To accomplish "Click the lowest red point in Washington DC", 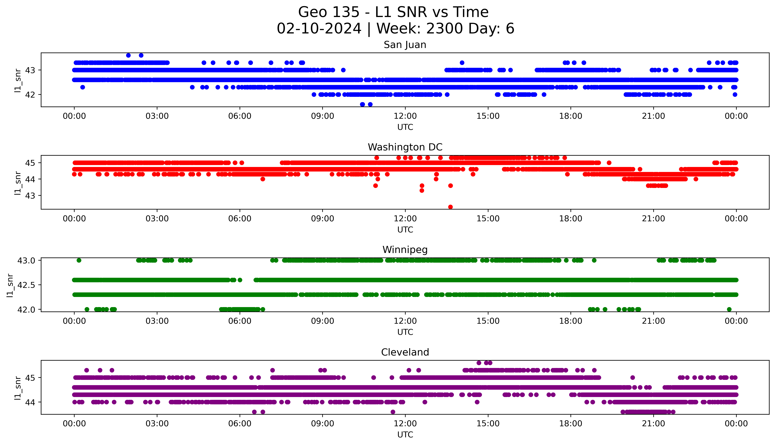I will pos(450,207).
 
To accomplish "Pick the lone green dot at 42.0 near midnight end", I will pos(729,309).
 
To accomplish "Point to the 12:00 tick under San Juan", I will pos(405,116).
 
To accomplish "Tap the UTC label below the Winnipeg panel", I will pos(405,332).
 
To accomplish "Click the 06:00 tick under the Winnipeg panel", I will pos(240,321).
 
